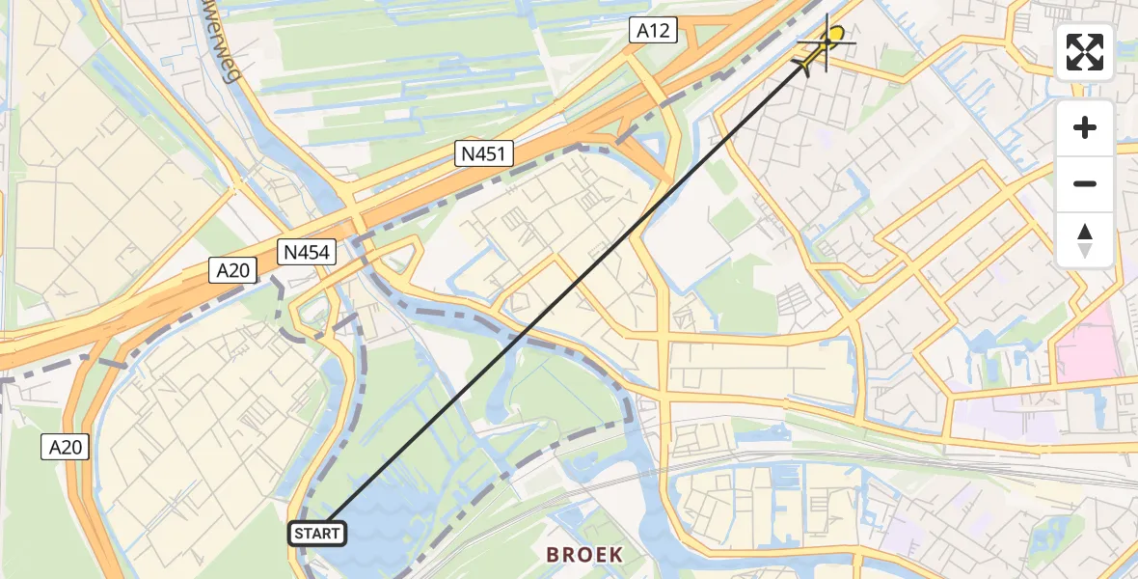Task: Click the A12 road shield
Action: (653, 31)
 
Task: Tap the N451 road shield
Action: (485, 153)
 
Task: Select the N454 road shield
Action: (307, 253)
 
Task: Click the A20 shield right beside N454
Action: (233, 271)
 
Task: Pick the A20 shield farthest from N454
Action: (67, 447)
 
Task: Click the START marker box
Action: (317, 533)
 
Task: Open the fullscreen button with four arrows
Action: (1085, 52)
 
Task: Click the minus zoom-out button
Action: (1085, 183)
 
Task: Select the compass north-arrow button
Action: (1085, 239)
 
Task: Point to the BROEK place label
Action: (584, 554)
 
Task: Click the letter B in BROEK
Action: (554, 554)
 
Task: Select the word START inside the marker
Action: (317, 533)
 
